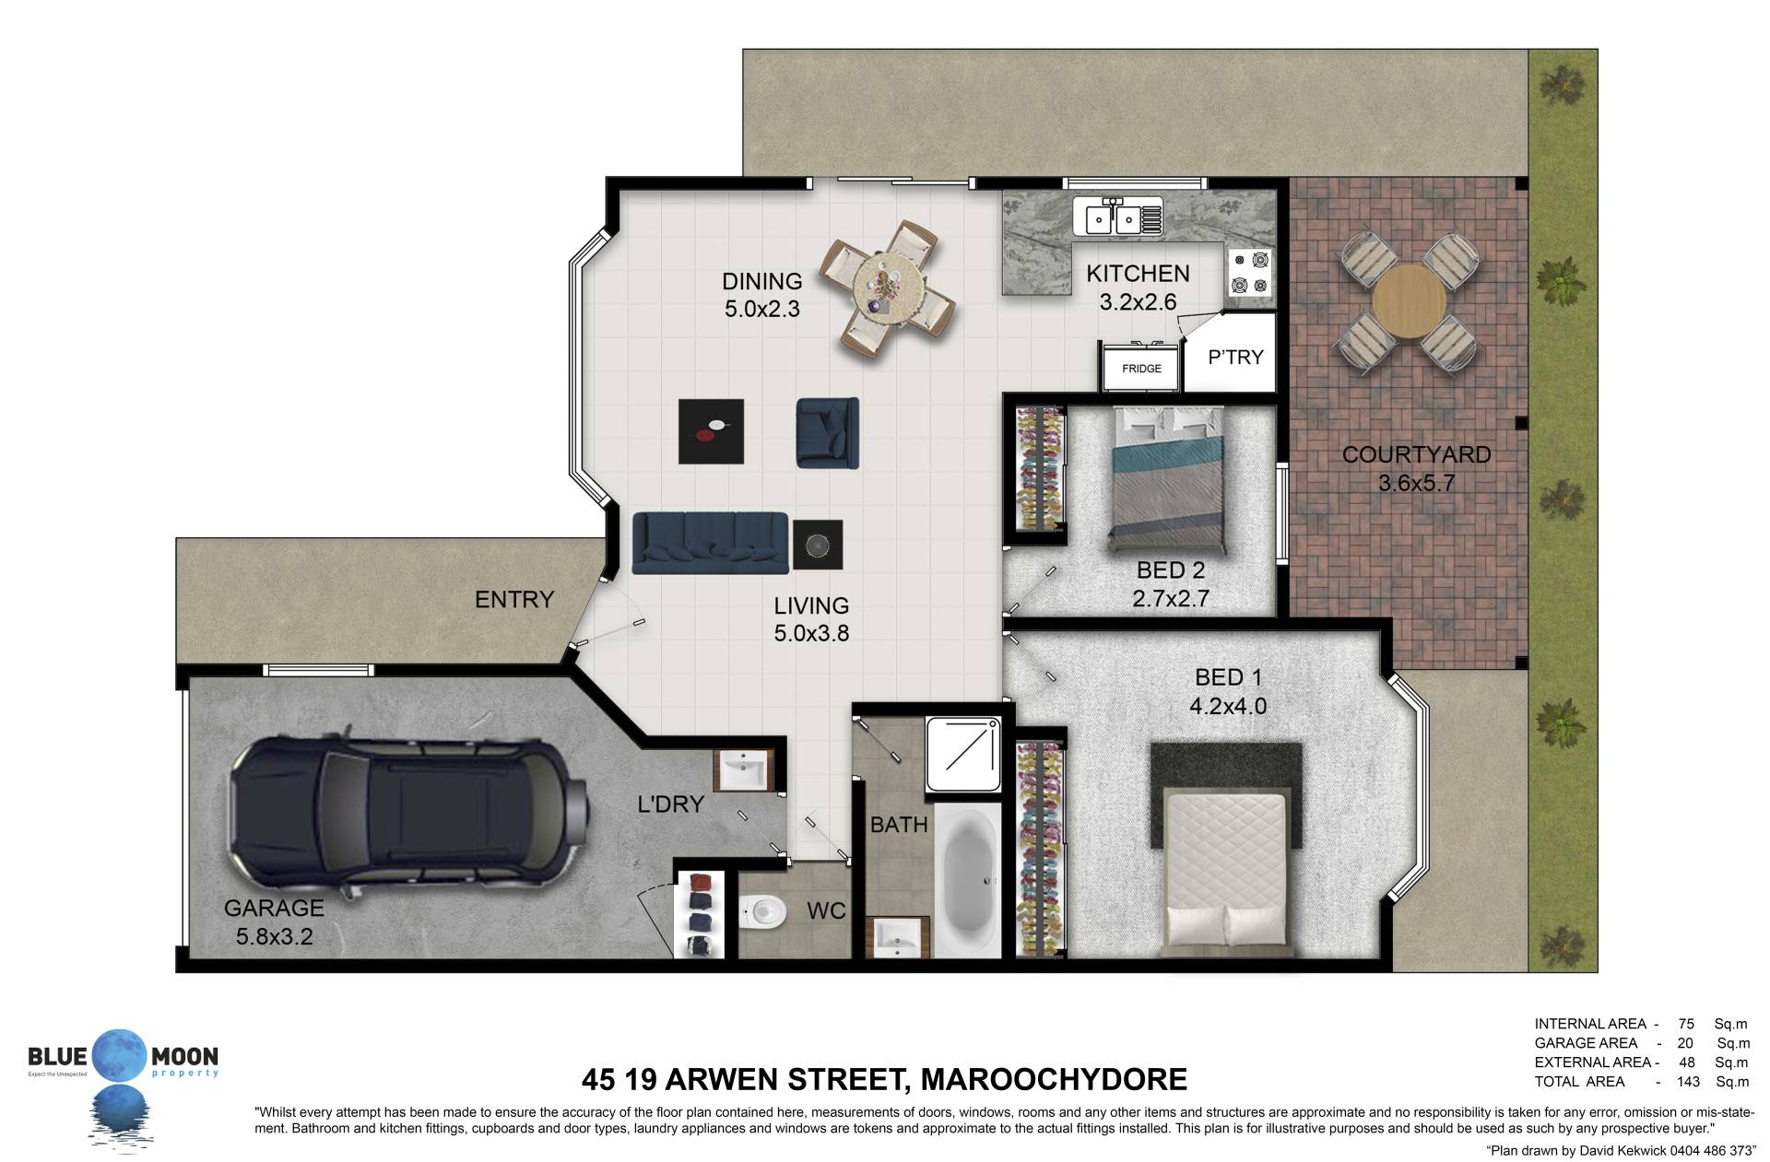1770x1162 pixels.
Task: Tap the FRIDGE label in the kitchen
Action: point(1141,369)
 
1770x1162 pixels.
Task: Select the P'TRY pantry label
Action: point(1235,357)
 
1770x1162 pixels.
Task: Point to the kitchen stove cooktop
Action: point(1250,273)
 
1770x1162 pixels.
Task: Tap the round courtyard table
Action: point(1409,301)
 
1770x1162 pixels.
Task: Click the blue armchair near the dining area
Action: point(828,431)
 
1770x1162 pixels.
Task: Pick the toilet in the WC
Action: point(761,913)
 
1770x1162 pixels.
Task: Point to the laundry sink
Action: point(743,769)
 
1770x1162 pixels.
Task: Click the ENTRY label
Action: point(513,600)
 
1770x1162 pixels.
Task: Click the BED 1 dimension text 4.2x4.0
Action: point(1228,706)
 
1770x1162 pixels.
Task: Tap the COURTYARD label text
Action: point(1416,454)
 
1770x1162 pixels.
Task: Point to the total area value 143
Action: point(1688,1082)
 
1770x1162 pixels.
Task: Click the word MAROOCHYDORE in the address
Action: point(1054,1079)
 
